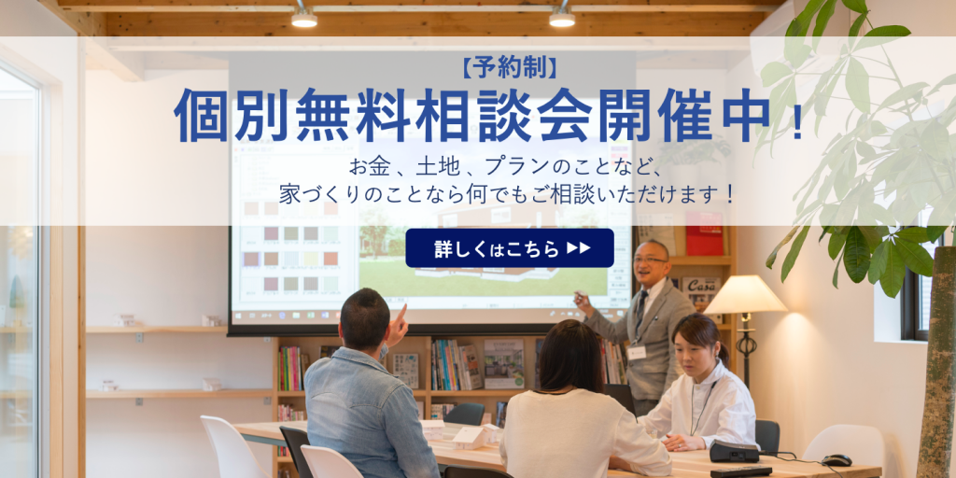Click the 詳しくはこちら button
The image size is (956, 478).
point(510,248)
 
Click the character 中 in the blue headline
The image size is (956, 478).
point(746,115)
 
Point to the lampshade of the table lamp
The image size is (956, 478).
point(744,294)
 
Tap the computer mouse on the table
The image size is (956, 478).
point(836,460)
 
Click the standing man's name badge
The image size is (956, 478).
point(637,352)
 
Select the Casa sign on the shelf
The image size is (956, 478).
point(700,287)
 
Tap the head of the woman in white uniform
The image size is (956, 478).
point(696,338)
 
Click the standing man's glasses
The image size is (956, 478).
point(648,260)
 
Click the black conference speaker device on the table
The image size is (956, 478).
point(734,452)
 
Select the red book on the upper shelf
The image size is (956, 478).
point(704,233)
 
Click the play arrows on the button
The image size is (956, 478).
point(578,247)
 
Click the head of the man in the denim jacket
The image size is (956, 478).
point(365,318)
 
